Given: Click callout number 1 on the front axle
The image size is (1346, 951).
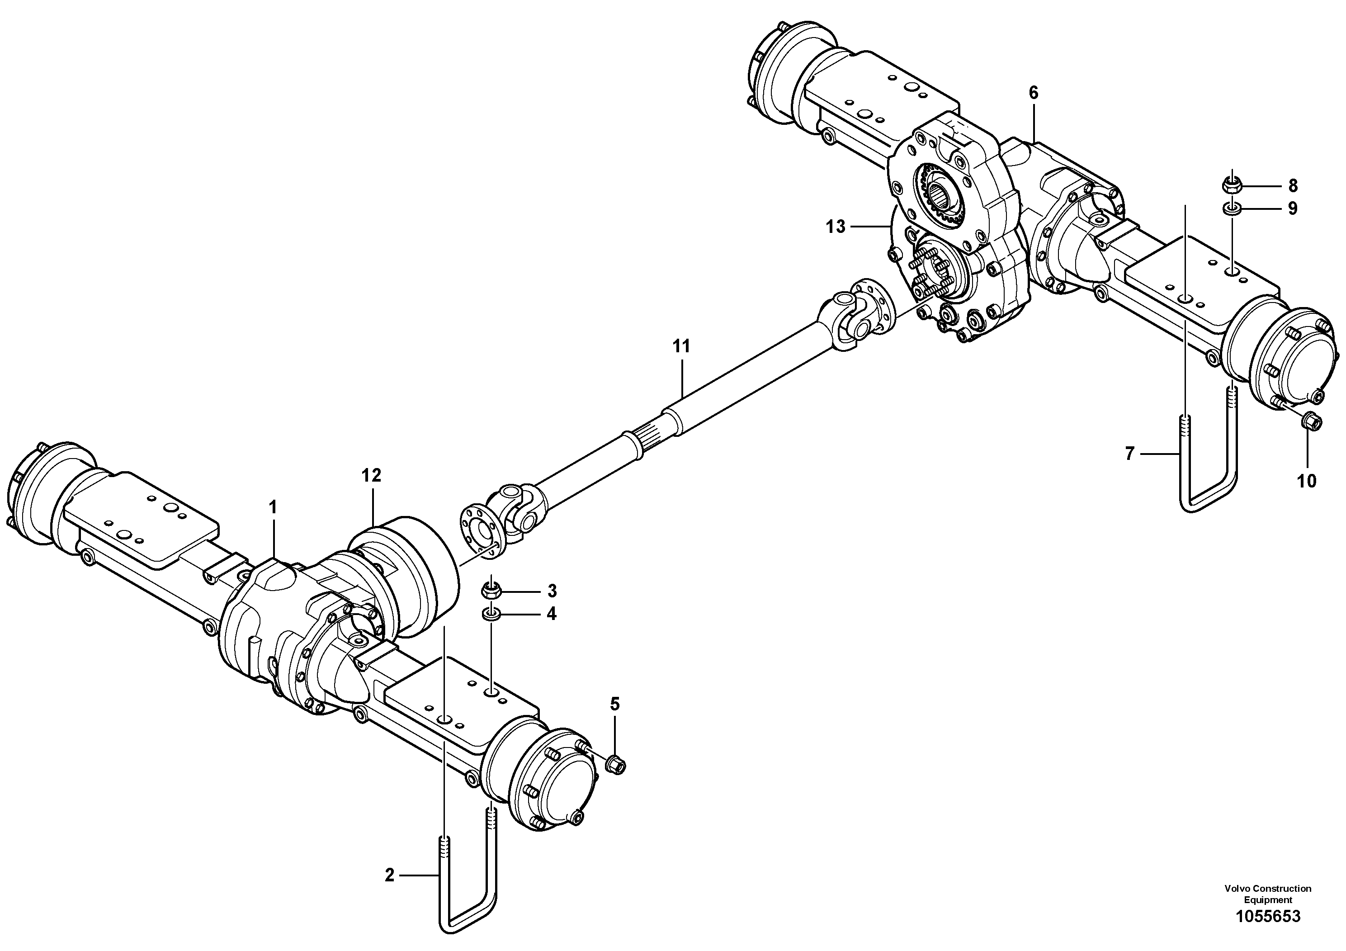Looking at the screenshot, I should click(273, 508).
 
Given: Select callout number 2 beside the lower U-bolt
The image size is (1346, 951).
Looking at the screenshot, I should click(390, 876).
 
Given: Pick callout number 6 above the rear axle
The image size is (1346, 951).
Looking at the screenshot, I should click(1033, 93).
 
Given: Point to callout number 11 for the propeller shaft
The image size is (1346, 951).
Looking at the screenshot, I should click(681, 346).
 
